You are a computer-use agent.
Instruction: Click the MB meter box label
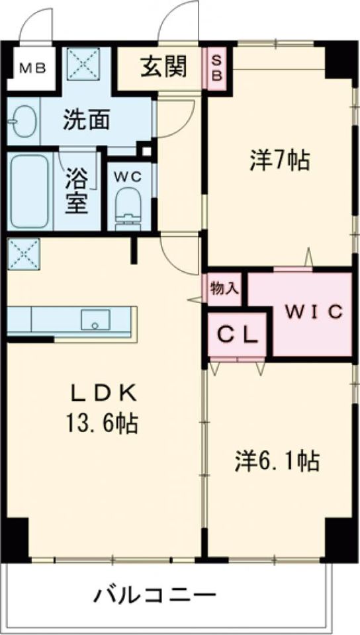[x=33, y=69]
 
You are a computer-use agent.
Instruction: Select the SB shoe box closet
[x=217, y=69]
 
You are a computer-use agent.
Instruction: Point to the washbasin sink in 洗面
[x=23, y=121]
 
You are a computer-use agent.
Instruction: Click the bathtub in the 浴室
[x=30, y=192]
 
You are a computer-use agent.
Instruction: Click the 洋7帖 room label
[x=279, y=160]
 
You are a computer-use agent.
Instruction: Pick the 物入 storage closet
[x=224, y=289]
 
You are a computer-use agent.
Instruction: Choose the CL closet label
[x=238, y=335]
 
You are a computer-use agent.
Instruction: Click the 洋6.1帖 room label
[x=277, y=461]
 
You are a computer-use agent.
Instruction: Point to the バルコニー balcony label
[x=156, y=595]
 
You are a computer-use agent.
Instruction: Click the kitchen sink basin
[x=95, y=320]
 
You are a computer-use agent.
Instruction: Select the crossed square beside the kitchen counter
[x=23, y=254]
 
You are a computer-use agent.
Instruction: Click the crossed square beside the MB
[x=83, y=64]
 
